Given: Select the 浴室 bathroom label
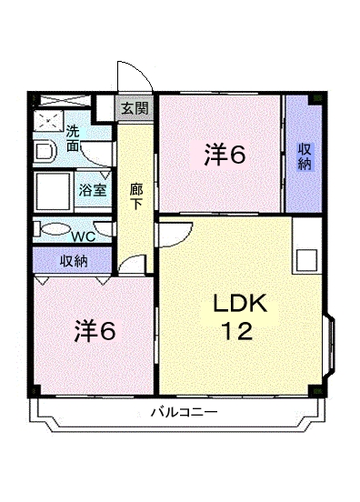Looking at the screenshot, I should pyautogui.click(x=92, y=190).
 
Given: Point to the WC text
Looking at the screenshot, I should pyautogui.click(x=83, y=236).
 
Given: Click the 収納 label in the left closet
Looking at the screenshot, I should pyautogui.click(x=74, y=261).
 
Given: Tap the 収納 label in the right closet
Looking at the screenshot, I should pyautogui.click(x=304, y=155).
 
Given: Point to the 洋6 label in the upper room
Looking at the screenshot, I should pyautogui.click(x=224, y=156).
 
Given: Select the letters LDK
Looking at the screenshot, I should pyautogui.click(x=240, y=304).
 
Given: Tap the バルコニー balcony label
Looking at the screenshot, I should pyautogui.click(x=184, y=413).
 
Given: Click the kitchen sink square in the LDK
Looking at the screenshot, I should pyautogui.click(x=304, y=257).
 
